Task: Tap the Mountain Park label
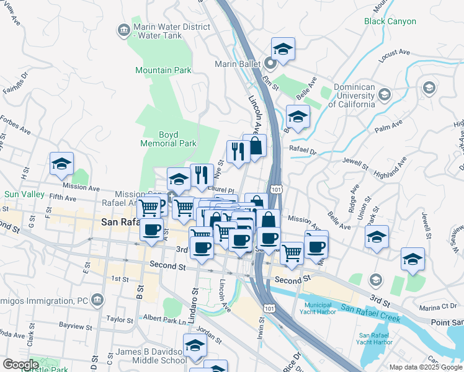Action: [163, 71]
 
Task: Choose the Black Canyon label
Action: [390, 21]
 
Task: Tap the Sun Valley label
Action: [24, 194]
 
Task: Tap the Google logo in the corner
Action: [20, 365]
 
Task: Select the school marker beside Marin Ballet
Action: [283, 49]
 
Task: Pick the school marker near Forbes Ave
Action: [61, 164]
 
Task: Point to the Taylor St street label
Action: [120, 318]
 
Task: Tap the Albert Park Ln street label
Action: [164, 319]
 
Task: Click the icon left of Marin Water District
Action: [123, 29]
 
